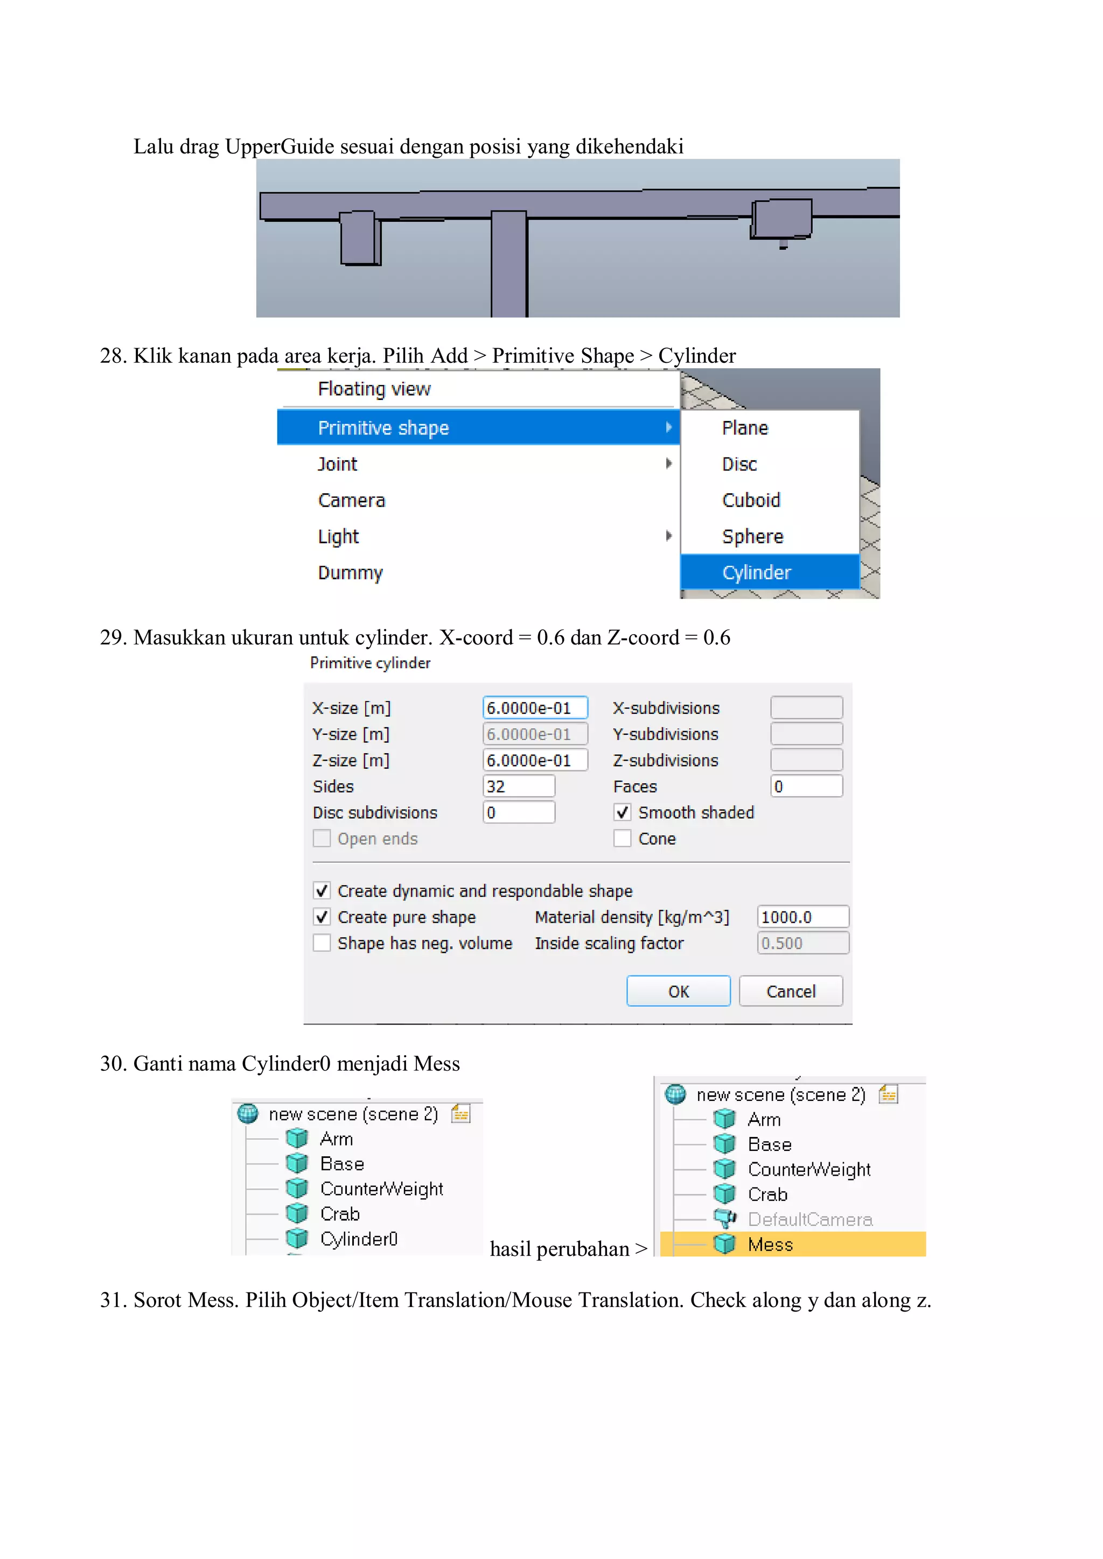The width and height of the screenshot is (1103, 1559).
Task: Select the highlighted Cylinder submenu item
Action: (x=757, y=572)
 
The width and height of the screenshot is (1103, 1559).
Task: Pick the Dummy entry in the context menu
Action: (x=351, y=572)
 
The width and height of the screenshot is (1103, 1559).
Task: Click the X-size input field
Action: (x=534, y=707)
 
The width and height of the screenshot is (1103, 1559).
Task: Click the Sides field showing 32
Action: (x=518, y=786)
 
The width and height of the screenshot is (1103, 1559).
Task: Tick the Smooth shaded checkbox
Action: (x=622, y=812)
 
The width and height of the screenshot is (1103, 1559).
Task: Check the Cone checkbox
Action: (x=622, y=839)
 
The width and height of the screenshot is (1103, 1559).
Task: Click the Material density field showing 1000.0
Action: (x=802, y=917)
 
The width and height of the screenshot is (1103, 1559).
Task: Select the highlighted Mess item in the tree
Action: (x=770, y=1244)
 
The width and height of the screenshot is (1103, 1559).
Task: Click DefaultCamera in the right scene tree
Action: (x=809, y=1219)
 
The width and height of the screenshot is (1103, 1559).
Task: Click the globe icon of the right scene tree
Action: (x=675, y=1094)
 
